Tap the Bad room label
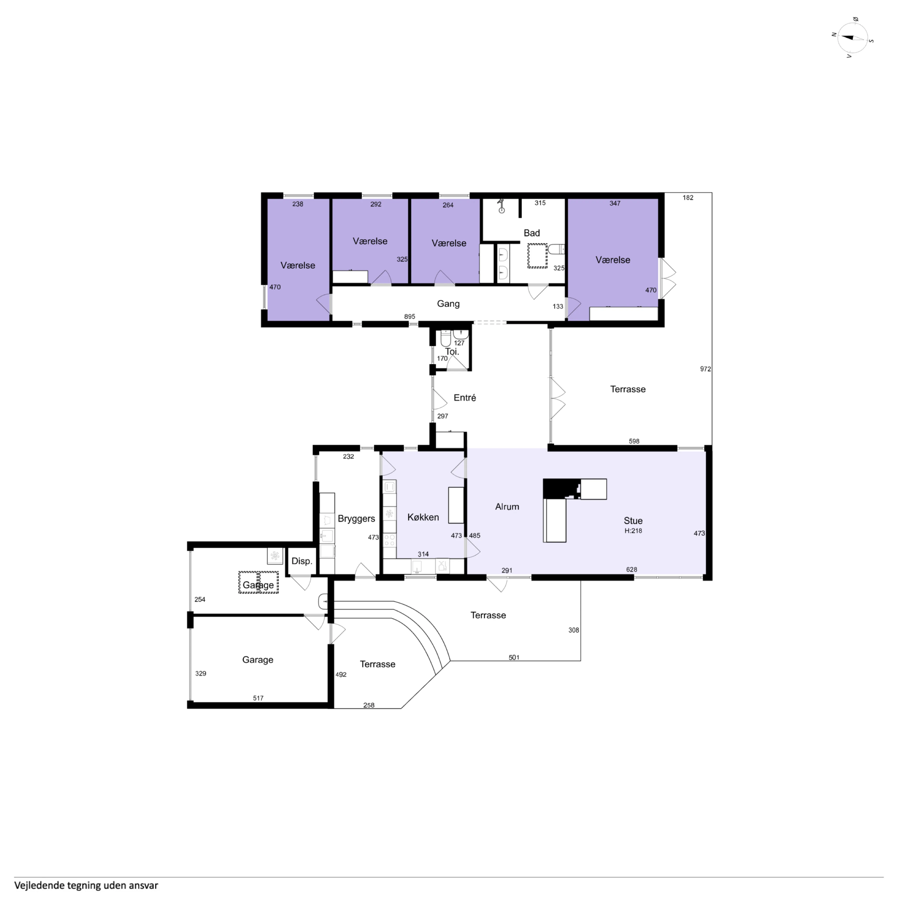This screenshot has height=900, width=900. [532, 233]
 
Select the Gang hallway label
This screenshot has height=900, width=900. [448, 304]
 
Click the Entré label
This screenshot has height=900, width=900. [465, 397]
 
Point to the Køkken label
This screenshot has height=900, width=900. [423, 517]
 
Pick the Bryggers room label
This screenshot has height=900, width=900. [356, 518]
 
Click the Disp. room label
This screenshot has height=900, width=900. [302, 561]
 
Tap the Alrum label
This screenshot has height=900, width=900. [507, 506]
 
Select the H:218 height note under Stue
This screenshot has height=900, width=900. [633, 531]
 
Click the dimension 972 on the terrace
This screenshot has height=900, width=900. [705, 369]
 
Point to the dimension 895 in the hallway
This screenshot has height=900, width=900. [410, 317]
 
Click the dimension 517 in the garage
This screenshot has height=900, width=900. [258, 698]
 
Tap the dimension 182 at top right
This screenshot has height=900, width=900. [688, 198]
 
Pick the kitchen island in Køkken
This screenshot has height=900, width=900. [456, 505]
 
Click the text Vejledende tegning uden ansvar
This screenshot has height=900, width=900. [86, 885]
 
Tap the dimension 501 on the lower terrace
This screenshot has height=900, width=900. [514, 657]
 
